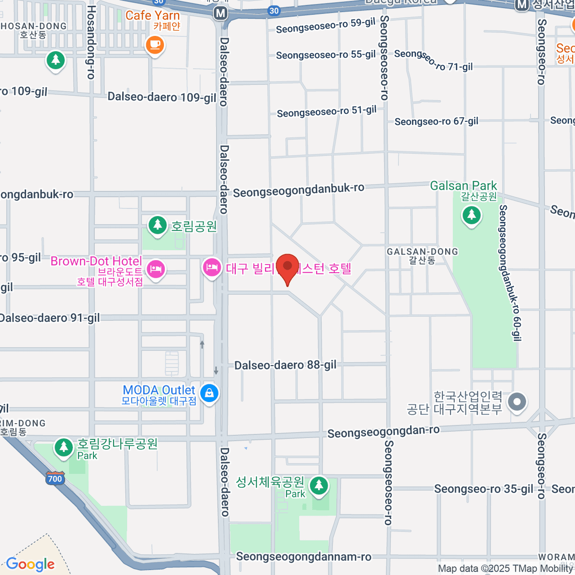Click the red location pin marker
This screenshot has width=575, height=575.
point(287,267)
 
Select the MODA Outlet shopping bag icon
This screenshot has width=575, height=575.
point(209,393)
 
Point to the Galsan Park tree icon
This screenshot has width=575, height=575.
point(471,215)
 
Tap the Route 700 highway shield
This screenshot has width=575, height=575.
point(55,478)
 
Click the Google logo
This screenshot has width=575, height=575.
point(30,564)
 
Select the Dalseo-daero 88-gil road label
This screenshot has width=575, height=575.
point(285,365)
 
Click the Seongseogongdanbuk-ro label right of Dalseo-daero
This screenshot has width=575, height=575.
point(299,190)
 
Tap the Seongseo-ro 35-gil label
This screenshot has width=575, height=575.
point(483,489)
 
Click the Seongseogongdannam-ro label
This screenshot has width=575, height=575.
point(303,557)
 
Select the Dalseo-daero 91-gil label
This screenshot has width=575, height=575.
point(50,318)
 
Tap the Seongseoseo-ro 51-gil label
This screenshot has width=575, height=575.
point(327,112)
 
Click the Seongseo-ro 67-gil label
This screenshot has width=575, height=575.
point(436,121)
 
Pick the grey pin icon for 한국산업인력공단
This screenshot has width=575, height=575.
point(517,402)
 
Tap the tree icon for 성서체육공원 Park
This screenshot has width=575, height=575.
point(319,486)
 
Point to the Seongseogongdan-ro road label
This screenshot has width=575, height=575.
point(383,432)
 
